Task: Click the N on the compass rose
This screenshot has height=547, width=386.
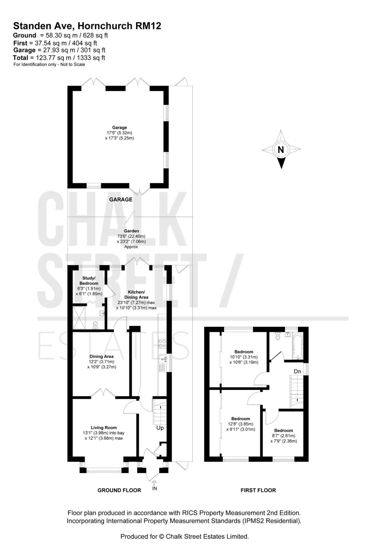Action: pos(281,149)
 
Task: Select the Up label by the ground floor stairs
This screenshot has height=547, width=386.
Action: pos(160,428)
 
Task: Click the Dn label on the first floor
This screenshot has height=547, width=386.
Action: pos(297,371)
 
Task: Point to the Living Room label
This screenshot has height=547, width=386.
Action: pos(104,428)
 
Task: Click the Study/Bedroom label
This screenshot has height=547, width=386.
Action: pos(89,281)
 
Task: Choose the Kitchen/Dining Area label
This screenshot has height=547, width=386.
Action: pos(136,294)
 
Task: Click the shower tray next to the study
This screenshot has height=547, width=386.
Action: pos(79,318)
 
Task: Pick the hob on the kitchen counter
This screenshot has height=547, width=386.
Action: pos(162,343)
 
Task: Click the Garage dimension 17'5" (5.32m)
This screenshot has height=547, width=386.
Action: pos(119,133)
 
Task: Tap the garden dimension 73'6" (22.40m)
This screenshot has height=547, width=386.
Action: pos(131,236)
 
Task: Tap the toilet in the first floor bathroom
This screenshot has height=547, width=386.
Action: pos(278,336)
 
